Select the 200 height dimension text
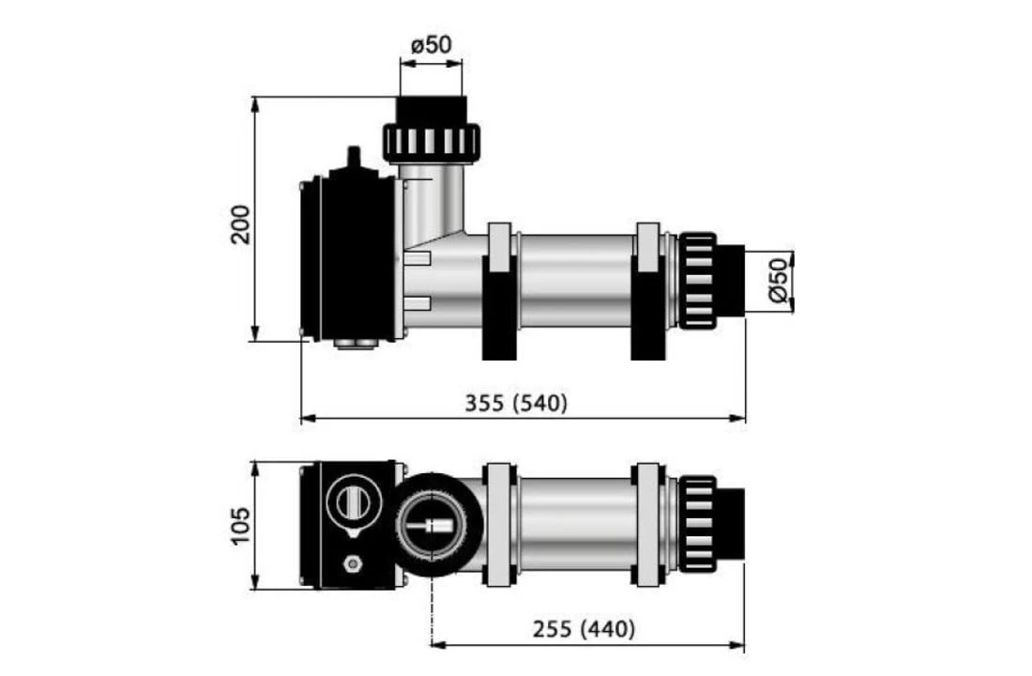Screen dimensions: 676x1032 point(241,223)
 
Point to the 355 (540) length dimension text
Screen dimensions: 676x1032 point(516,403)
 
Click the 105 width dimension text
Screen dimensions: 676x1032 point(241,527)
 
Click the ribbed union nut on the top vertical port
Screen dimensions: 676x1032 point(431,142)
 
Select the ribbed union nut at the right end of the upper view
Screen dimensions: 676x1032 point(697,281)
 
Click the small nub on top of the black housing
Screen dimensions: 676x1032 point(353,157)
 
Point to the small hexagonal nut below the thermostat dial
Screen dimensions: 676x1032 point(354,564)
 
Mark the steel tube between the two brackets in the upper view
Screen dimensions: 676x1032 point(575,281)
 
